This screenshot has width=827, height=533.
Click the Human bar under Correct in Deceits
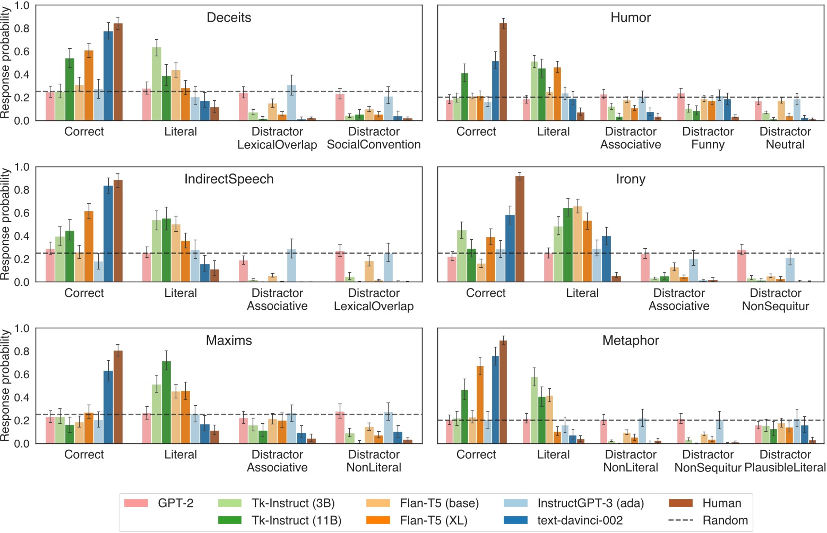(118, 72)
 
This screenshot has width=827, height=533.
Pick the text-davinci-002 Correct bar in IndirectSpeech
(108, 234)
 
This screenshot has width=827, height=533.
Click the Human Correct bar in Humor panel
(503, 72)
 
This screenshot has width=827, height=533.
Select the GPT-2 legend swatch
(136, 503)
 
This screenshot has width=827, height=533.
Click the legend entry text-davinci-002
(580, 520)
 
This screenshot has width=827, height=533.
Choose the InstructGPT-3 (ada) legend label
(590, 503)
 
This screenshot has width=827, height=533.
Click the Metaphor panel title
(631, 340)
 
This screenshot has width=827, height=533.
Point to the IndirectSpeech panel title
(229, 179)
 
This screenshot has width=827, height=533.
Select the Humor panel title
(631, 18)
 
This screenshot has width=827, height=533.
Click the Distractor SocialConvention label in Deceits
(374, 138)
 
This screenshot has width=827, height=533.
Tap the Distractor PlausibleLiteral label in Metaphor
(785, 461)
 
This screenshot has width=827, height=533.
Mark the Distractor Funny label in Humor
(708, 138)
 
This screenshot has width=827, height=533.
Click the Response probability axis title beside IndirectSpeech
(6, 224)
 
